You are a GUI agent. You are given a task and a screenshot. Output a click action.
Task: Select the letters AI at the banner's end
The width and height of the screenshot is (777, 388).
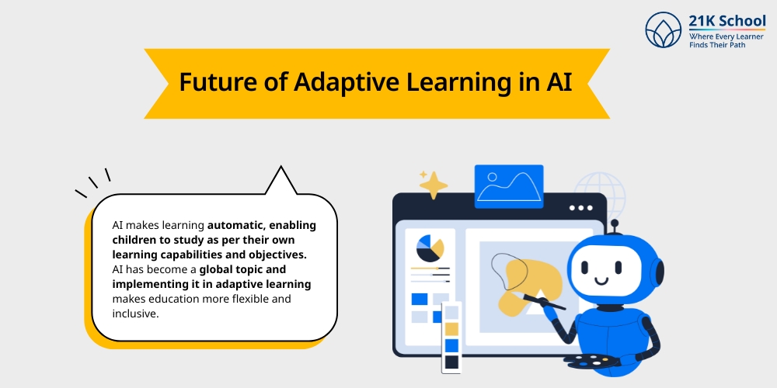coord(555,82)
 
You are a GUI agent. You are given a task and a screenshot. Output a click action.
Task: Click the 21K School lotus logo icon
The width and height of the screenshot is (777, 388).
coord(663,30)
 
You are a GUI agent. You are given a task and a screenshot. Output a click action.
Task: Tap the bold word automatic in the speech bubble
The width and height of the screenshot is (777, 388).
coord(237,225)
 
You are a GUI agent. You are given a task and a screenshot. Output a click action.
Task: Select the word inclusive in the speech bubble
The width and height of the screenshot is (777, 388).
coord(135,314)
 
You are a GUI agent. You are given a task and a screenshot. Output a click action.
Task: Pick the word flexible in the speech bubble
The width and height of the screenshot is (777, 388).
coord(245,299)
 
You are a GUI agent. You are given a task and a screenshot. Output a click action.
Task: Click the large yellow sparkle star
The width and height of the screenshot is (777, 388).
coord(434,185)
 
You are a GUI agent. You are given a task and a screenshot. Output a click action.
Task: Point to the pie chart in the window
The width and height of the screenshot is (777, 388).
coord(430,249)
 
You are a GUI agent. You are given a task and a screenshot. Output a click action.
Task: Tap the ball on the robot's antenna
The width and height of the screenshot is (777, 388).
coord(615,226)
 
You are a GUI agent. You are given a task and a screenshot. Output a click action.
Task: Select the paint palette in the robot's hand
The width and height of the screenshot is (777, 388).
coord(591,361)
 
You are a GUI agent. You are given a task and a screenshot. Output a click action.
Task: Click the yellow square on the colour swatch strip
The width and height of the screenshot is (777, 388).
coord(451,328)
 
